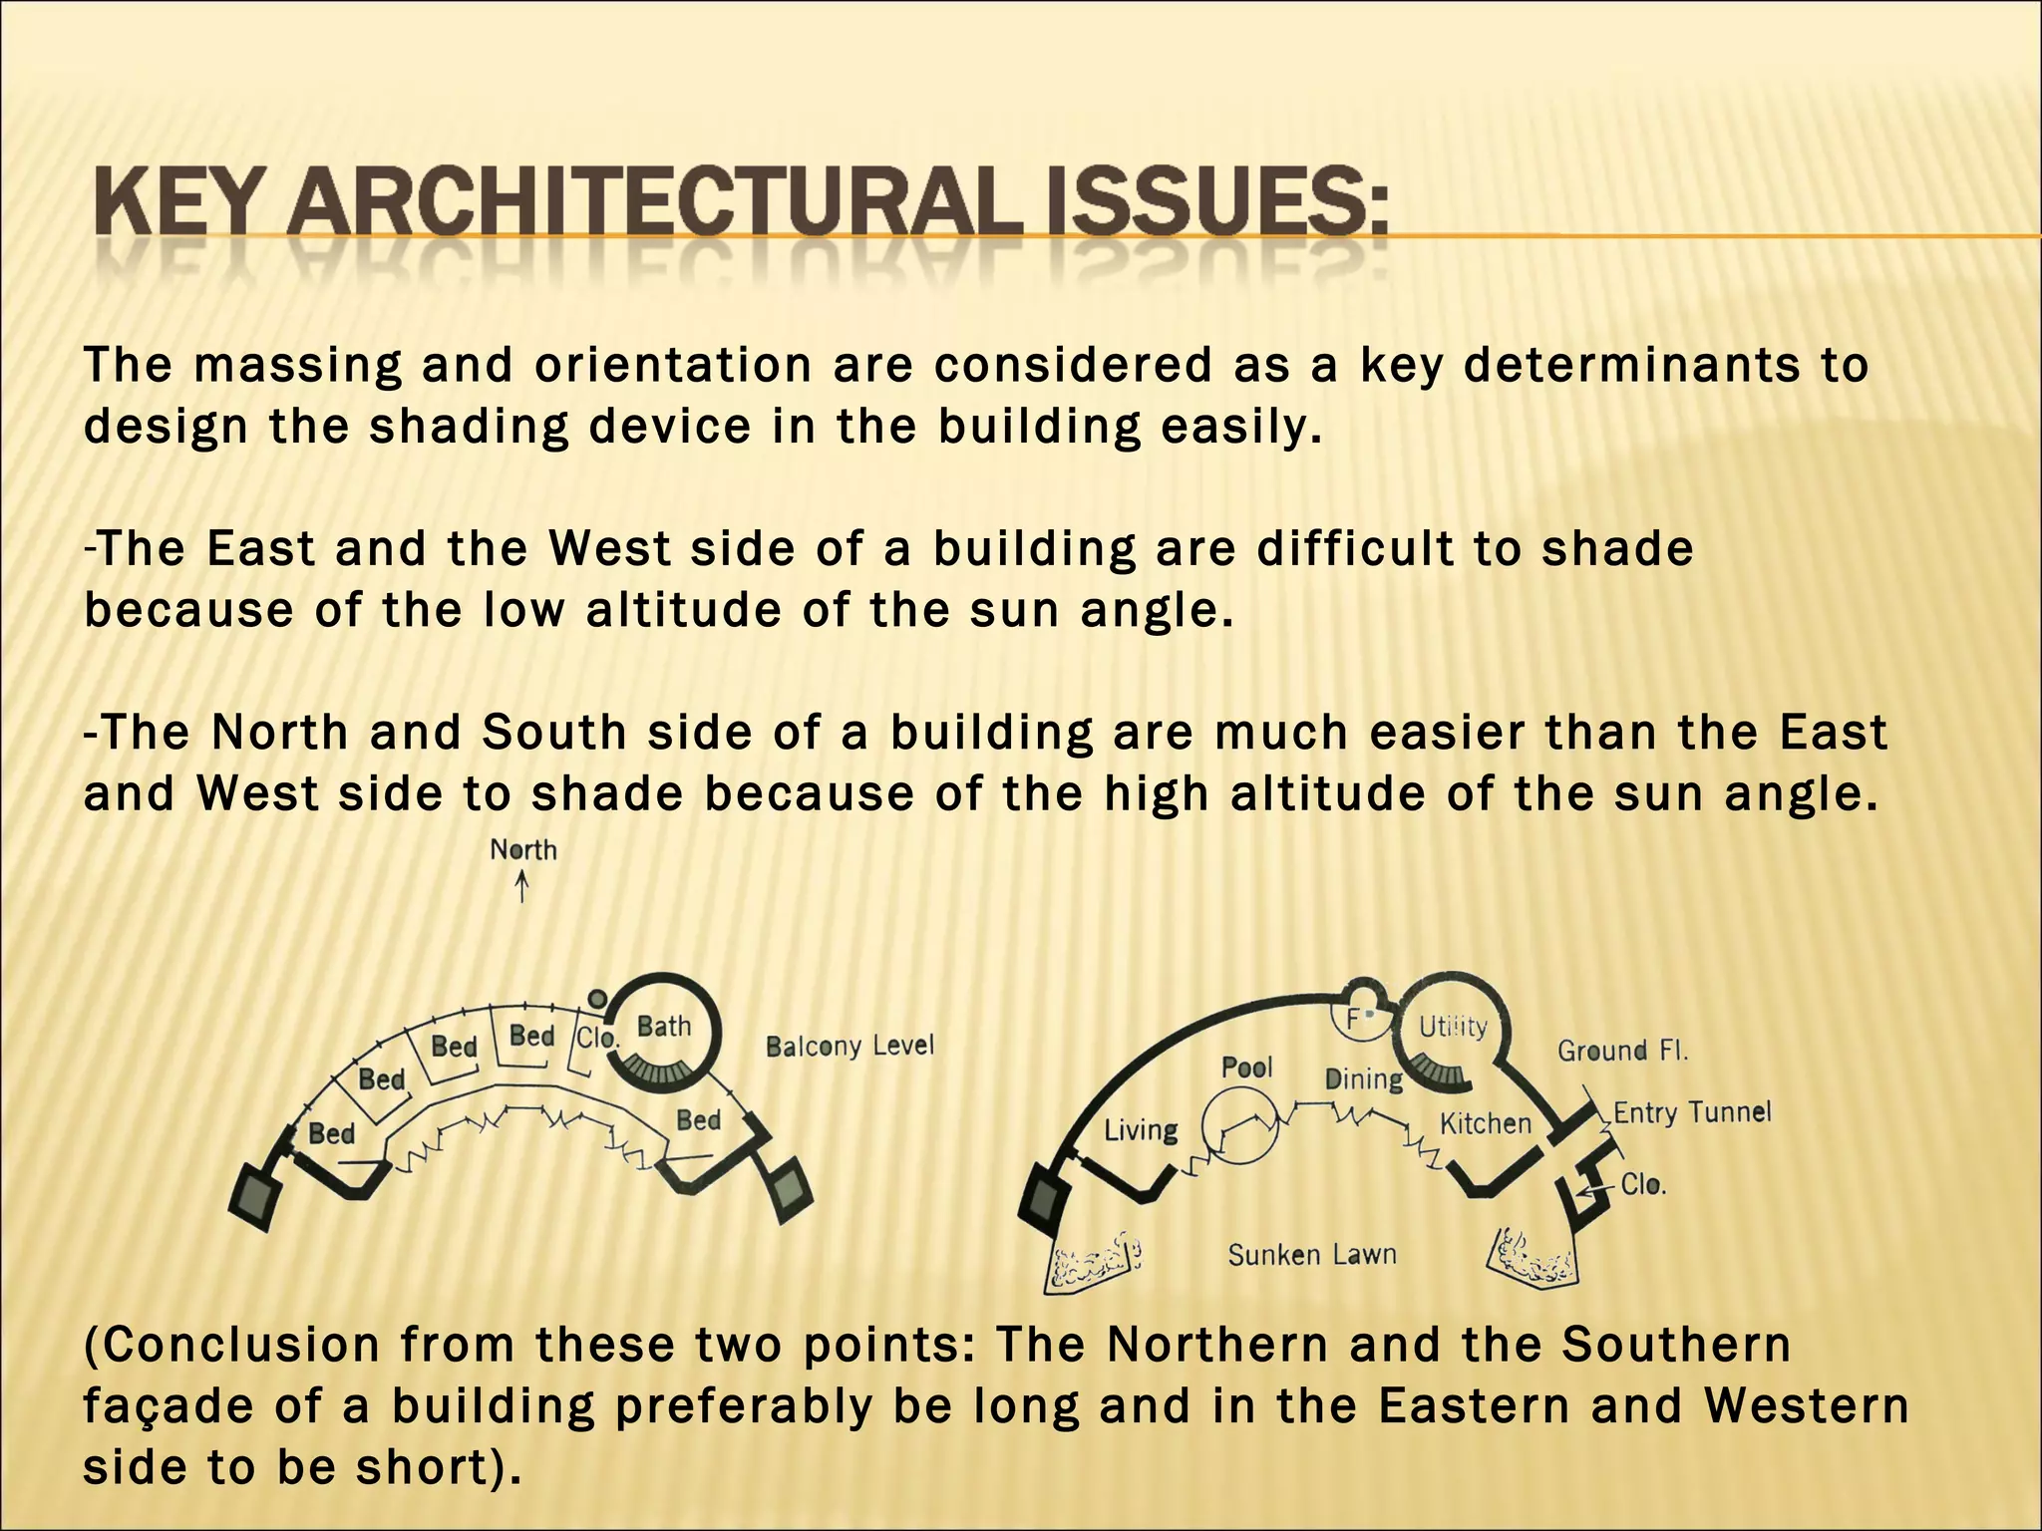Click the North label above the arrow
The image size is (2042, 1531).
(x=523, y=850)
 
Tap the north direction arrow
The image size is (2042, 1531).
(x=521, y=886)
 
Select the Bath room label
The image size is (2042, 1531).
(x=663, y=1026)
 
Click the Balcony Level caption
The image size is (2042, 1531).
(x=850, y=1046)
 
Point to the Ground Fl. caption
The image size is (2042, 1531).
(x=1622, y=1051)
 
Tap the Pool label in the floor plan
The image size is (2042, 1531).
(x=1246, y=1068)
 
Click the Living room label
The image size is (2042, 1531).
(x=1141, y=1130)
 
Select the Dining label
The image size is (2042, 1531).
(x=1363, y=1079)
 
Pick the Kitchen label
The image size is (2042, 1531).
(x=1485, y=1124)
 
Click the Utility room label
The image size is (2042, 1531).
(x=1453, y=1027)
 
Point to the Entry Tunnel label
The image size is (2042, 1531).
(x=1692, y=1112)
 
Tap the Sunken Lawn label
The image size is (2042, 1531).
(x=1311, y=1255)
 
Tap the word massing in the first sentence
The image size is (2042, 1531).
(x=297, y=366)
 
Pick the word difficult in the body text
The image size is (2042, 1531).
(x=1354, y=549)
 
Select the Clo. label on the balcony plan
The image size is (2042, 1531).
(x=598, y=1038)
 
